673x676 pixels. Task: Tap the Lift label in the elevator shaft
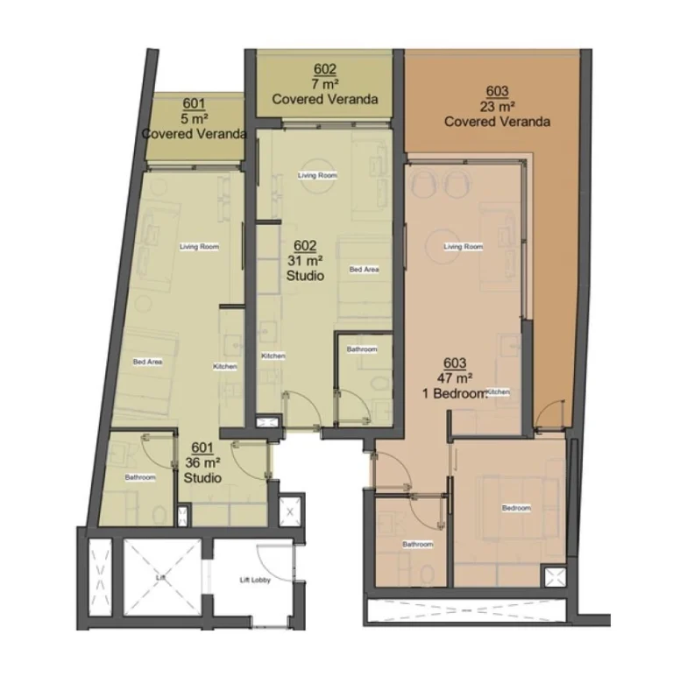pyautogui.click(x=159, y=578)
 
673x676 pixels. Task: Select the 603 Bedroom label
pyautogui.click(x=516, y=509)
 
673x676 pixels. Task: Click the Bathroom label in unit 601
pyautogui.click(x=140, y=477)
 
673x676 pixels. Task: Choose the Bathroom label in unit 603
pyautogui.click(x=417, y=544)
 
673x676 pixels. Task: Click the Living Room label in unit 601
pyautogui.click(x=199, y=246)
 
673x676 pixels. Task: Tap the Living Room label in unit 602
pyautogui.click(x=317, y=175)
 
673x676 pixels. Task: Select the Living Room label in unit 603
pyautogui.click(x=464, y=247)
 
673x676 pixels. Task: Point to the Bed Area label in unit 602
pyautogui.click(x=364, y=269)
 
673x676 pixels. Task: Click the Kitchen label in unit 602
pyautogui.click(x=273, y=356)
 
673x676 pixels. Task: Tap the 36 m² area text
pyautogui.click(x=202, y=462)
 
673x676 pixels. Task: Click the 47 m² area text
pyautogui.click(x=455, y=378)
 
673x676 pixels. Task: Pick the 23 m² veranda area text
pyautogui.click(x=497, y=107)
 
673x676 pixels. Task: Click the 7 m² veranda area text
pyautogui.click(x=324, y=84)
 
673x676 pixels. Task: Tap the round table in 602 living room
pyautogui.click(x=317, y=174)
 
